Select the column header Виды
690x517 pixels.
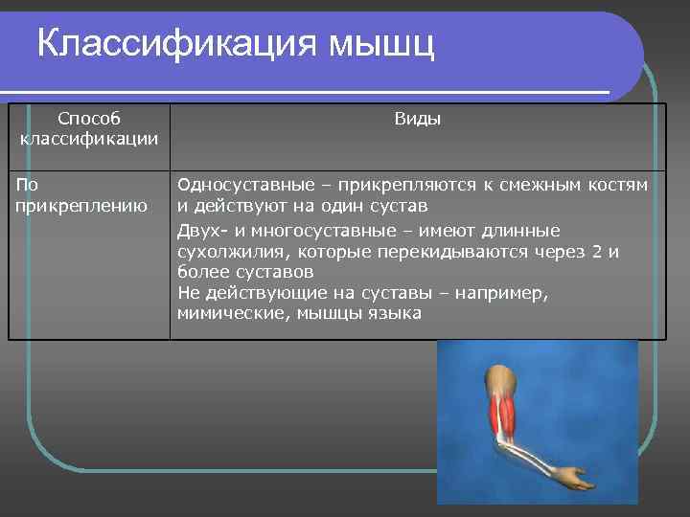(x=418, y=119)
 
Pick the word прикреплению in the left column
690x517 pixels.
(x=81, y=204)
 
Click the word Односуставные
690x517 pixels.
(x=240, y=185)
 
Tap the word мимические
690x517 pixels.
(x=226, y=313)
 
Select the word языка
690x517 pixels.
(x=394, y=313)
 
